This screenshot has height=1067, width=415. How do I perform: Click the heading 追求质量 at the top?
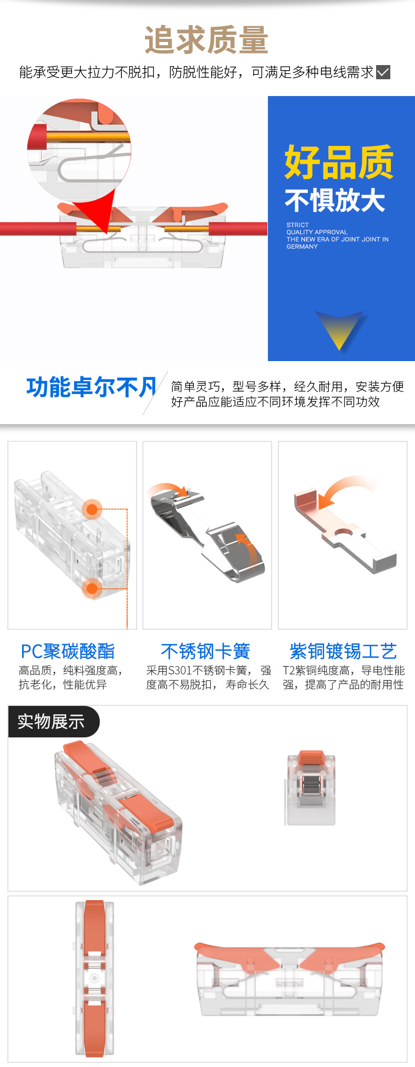pyautogui.click(x=206, y=40)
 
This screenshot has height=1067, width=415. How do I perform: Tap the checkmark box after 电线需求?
pyautogui.click(x=383, y=72)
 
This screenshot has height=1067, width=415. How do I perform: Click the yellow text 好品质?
pyautogui.click(x=339, y=162)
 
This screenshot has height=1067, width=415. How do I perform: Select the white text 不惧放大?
pyautogui.click(x=335, y=200)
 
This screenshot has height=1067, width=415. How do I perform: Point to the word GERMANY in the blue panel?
pyautogui.click(x=302, y=247)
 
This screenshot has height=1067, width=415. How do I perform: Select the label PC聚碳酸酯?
pyautogui.click(x=68, y=651)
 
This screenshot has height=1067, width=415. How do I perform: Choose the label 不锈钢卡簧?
pyautogui.click(x=205, y=651)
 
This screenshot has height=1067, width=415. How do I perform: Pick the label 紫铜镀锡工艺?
pyautogui.click(x=343, y=651)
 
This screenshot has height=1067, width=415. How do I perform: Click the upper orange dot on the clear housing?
pyautogui.click(x=92, y=509)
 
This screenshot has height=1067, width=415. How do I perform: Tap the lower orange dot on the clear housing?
pyautogui.click(x=92, y=588)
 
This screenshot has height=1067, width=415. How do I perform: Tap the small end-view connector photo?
pyautogui.click(x=311, y=788)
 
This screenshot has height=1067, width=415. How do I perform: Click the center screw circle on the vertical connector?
pyautogui.click(x=95, y=978)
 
